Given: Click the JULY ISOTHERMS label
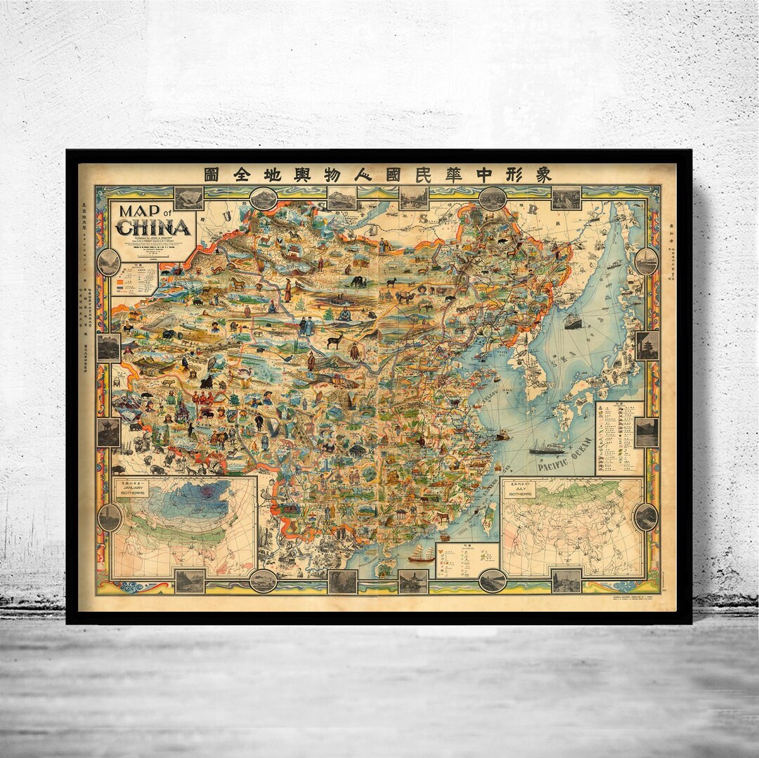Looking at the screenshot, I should [521, 490].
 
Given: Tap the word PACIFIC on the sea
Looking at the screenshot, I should [551, 465].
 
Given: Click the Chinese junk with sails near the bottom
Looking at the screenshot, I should [420, 553].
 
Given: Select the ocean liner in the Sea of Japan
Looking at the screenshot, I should [573, 320].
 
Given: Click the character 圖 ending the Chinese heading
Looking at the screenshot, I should [211, 175].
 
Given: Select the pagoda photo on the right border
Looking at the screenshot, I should [647, 345].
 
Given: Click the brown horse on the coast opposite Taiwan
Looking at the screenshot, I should [443, 517].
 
